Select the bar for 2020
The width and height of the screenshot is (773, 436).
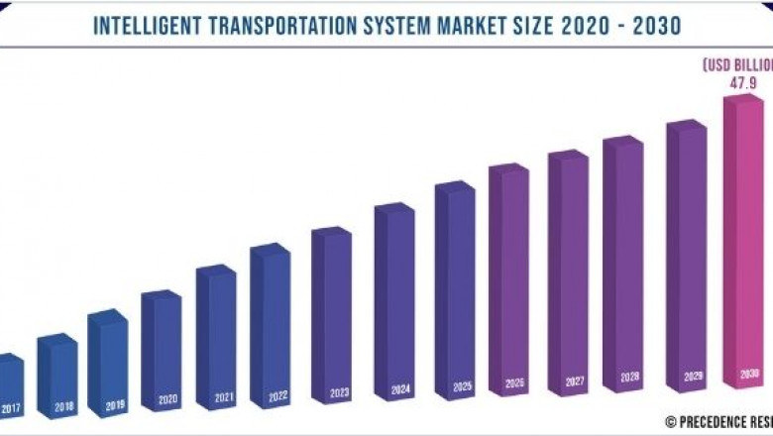pyautogui.click(x=162, y=347)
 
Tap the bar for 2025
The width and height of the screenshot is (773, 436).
pyautogui.click(x=455, y=297)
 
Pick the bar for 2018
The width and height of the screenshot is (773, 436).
pyautogui.click(x=57, y=372)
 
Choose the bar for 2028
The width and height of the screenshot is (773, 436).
pyautogui.click(x=623, y=268)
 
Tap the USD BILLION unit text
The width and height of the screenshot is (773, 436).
pyautogui.click(x=737, y=65)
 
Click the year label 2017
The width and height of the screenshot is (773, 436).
pyautogui.click(x=9, y=407)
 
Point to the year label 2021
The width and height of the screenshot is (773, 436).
pyautogui.click(x=224, y=398)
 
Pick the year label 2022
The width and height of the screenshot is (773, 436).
pyautogui.click(x=277, y=396)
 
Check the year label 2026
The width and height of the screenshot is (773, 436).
pyautogui.click(x=514, y=382)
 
